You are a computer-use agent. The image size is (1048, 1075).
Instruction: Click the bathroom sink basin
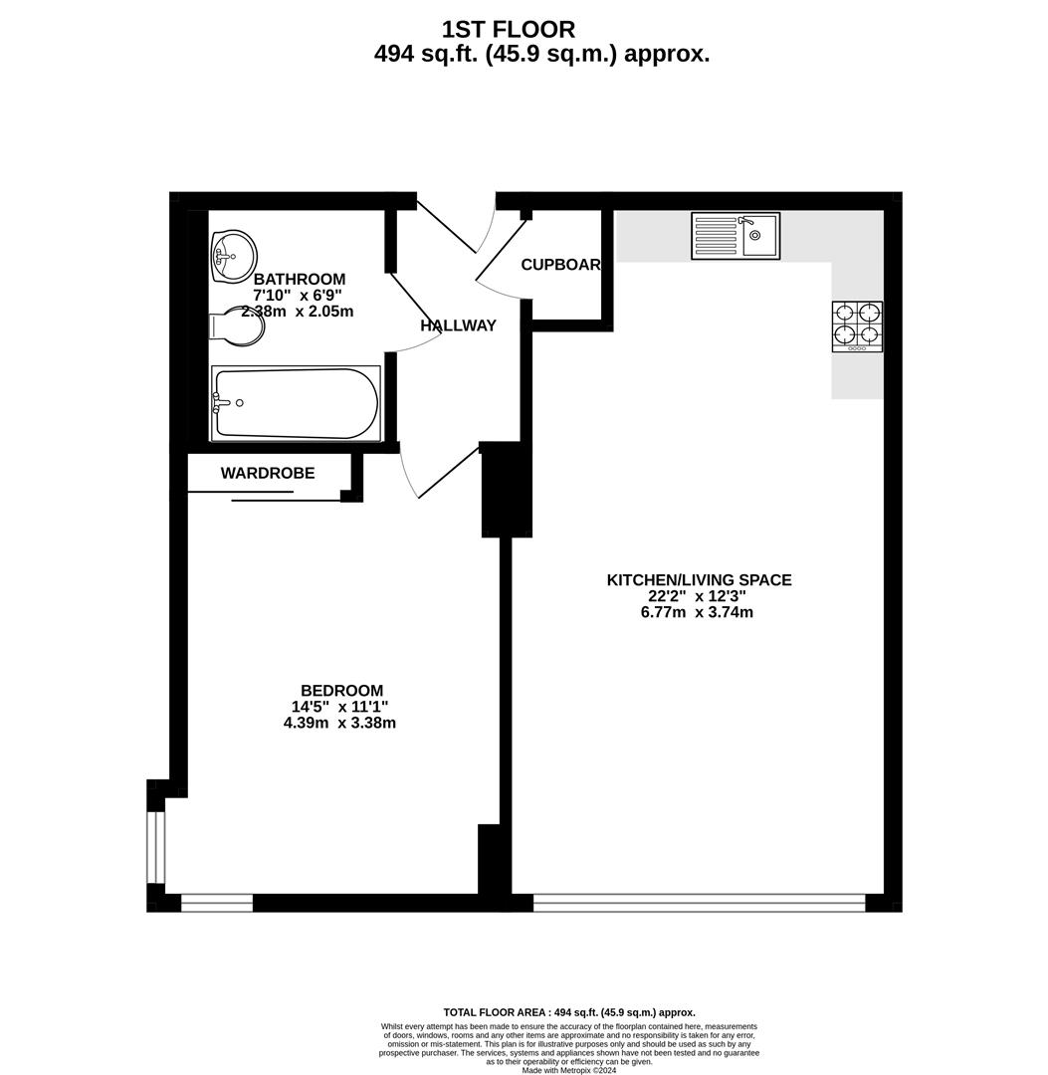tap(235, 257)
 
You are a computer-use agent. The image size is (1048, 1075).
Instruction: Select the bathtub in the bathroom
tap(296, 403)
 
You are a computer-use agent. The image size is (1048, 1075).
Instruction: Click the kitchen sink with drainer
tap(735, 235)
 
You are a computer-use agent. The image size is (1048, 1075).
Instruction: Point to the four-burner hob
tap(858, 326)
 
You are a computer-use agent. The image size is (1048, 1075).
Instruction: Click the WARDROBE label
tap(268, 473)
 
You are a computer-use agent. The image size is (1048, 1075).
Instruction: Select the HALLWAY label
tap(458, 325)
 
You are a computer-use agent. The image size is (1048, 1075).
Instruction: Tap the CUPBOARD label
tap(560, 265)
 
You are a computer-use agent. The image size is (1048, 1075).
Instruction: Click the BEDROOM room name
tap(342, 691)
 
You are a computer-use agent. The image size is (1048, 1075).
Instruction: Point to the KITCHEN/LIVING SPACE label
tap(699, 580)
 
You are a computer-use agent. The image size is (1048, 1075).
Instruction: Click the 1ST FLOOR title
tap(509, 30)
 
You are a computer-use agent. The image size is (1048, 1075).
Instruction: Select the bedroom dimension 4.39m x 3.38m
tap(340, 723)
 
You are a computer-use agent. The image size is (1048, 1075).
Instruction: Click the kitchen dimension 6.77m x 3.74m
tap(697, 612)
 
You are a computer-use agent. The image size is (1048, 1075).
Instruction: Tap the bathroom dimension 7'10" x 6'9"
tap(298, 296)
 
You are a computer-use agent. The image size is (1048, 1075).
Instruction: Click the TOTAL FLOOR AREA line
tap(569, 1012)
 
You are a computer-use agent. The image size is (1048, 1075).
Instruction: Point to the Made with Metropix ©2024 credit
tap(569, 1069)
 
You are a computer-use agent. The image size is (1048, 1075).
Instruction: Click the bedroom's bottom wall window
tap(217, 903)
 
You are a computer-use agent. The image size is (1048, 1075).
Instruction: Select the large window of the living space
tap(700, 903)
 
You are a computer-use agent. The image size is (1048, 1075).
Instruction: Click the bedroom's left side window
tap(156, 847)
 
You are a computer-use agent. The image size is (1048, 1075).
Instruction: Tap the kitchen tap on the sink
tap(745, 221)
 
